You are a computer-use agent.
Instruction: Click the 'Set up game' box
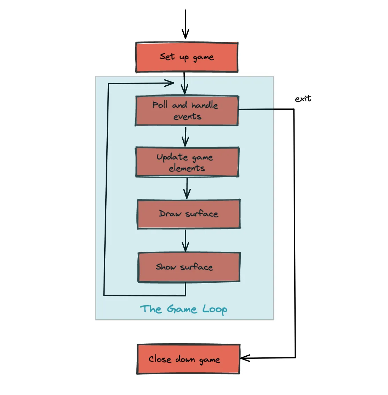tap(187, 57)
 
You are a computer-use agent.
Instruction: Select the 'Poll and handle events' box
tap(187, 110)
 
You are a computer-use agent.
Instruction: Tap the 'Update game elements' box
tap(187, 162)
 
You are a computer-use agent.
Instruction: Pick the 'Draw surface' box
tap(189, 214)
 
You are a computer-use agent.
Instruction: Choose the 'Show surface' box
tap(189, 267)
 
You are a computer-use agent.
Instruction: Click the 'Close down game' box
tap(188, 359)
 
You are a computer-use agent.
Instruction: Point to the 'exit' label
tap(303, 99)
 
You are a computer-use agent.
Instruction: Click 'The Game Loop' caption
tap(184, 309)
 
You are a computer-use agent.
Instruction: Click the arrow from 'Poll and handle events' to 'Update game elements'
tap(185, 137)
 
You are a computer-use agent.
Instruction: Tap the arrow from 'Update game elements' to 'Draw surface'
tap(187, 188)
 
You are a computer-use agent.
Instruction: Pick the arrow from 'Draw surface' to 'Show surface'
tap(185, 241)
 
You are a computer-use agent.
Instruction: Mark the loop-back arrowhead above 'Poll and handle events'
tap(170, 83)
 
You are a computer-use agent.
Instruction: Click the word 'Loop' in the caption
tap(215, 309)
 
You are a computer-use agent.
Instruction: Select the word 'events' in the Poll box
tap(187, 117)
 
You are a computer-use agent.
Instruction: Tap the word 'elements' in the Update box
tap(187, 168)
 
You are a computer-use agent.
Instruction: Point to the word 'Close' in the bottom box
tap(160, 359)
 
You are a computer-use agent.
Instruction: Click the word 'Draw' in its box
tap(170, 214)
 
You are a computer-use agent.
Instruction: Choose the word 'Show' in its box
tap(166, 267)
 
